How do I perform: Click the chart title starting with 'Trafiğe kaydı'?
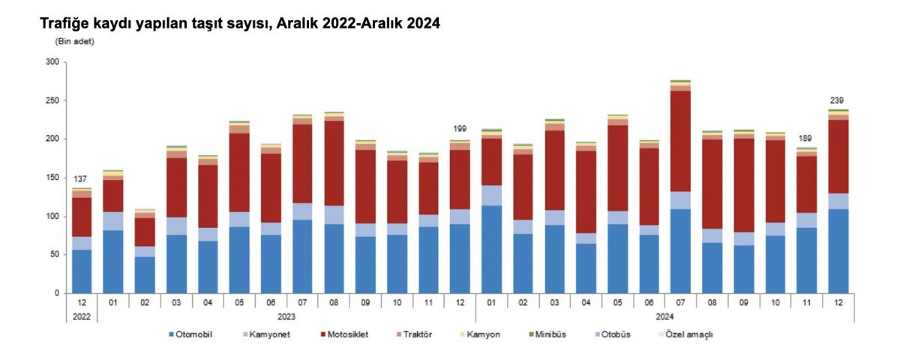[239, 23]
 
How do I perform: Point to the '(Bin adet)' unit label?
[74, 41]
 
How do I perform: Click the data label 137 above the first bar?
[81, 179]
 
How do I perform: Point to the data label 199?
[460, 129]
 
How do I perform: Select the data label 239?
[838, 100]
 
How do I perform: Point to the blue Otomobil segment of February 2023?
[144, 274]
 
